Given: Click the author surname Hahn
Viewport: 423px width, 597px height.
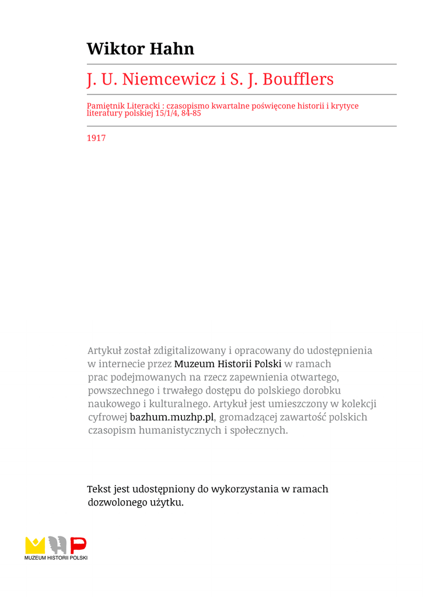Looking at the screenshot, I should tap(172, 48).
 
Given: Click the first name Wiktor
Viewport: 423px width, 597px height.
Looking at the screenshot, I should tap(116, 48).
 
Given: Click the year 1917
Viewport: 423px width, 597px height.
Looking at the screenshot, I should tap(96, 139).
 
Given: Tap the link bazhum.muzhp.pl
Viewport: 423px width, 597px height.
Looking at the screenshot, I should tap(172, 417).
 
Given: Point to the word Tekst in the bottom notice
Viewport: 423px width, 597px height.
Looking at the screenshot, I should tap(99, 489).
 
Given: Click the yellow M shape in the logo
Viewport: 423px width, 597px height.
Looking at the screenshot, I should tap(34, 545).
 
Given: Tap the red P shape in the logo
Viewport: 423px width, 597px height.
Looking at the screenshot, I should tap(78, 545).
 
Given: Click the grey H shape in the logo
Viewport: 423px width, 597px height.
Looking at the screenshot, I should tap(57, 545).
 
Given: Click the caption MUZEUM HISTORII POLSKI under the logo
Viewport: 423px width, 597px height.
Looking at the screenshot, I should tap(56, 558).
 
